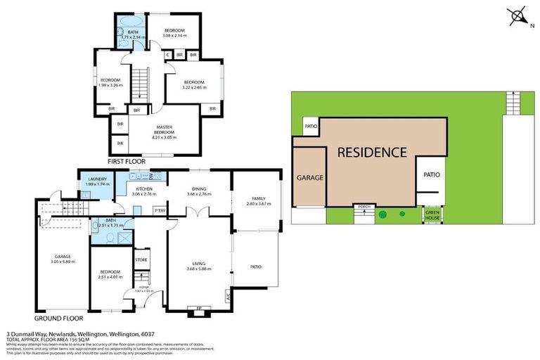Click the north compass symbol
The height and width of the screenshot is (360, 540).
click(517, 15)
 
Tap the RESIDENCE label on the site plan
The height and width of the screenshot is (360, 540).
click(372, 152)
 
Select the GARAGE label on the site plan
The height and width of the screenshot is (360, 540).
click(309, 178)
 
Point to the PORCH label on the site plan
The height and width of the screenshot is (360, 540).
click(364, 207)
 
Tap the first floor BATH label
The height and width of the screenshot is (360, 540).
click(133, 32)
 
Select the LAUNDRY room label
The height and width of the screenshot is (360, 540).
click(97, 179)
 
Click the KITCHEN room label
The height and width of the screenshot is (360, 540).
click(144, 189)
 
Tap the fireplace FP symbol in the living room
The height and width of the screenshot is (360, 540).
click(198, 308)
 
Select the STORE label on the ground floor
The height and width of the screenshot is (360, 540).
click(141, 260)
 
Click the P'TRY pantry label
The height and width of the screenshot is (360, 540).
click(160, 210)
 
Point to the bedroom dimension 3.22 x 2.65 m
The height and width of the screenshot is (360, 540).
click(193, 87)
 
